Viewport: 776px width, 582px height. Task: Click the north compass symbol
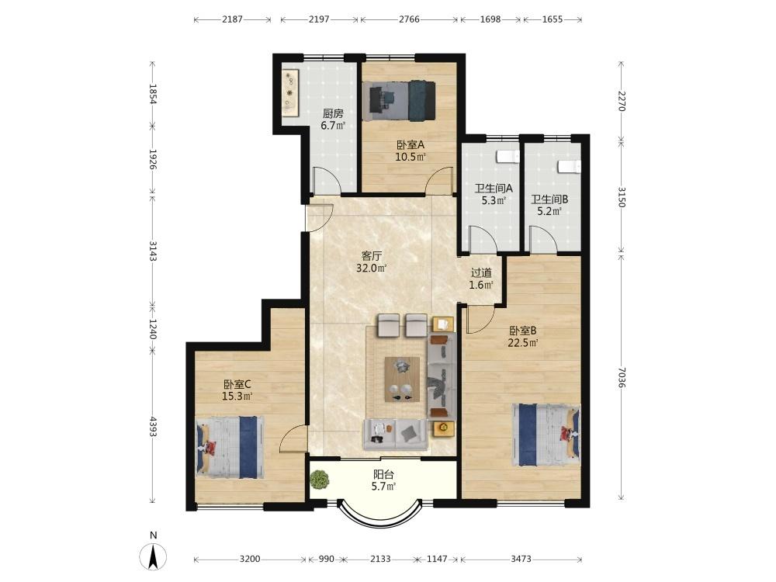tap(154, 556)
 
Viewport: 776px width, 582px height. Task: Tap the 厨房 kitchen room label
tap(333, 114)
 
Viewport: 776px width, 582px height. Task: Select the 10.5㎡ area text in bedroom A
tap(411, 158)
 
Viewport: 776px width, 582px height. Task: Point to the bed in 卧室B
tap(546, 435)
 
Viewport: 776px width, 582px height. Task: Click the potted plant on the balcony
tap(320, 479)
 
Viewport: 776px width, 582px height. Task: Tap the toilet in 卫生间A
tap(508, 156)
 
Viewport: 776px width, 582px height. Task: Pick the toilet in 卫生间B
tap(569, 166)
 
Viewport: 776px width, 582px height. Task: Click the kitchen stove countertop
tap(291, 92)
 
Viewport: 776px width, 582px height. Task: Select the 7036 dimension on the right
tap(622, 378)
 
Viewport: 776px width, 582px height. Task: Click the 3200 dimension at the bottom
tap(249, 559)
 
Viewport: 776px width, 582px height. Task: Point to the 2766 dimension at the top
tap(409, 19)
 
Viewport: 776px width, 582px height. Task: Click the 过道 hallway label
tap(481, 272)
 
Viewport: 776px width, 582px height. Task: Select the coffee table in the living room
tap(402, 379)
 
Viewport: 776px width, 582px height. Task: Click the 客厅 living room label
tap(371, 256)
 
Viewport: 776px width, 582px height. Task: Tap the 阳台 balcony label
tap(383, 474)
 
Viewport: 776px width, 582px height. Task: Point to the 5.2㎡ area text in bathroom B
tap(549, 211)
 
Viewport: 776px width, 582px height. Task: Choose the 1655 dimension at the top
tap(553, 19)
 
